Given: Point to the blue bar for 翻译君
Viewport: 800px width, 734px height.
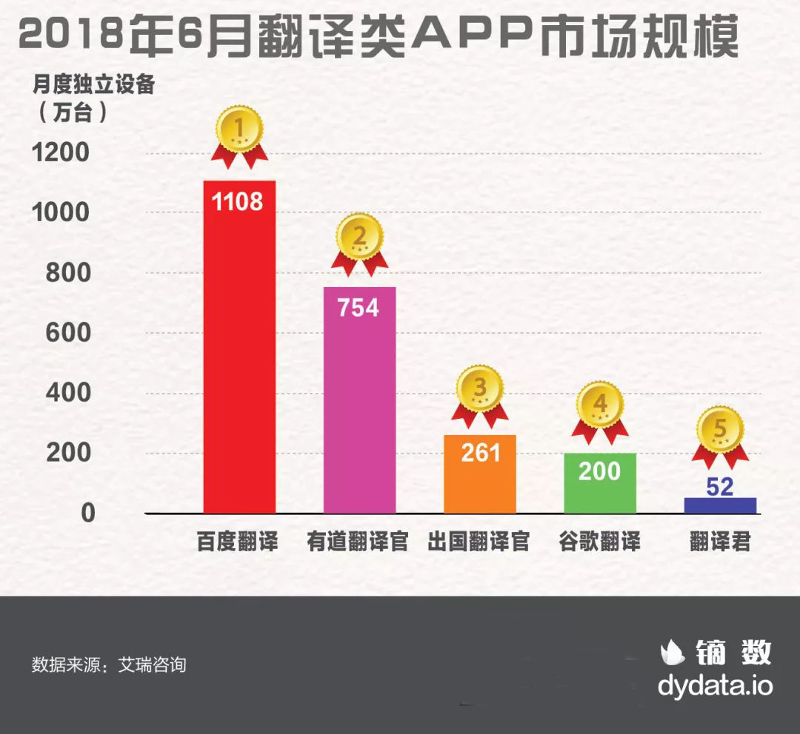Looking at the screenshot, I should [720, 505].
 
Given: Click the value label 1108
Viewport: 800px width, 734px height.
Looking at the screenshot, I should [238, 201].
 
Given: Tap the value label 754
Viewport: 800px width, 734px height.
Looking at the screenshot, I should [359, 307].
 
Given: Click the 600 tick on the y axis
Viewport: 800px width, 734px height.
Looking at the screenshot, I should [67, 333].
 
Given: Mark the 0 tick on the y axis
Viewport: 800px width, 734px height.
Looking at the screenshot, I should [88, 514].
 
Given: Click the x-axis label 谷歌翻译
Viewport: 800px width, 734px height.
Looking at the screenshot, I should [600, 542].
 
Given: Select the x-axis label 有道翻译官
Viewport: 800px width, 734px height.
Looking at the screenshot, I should [359, 542].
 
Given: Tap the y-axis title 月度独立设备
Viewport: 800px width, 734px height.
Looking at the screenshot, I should [93, 84].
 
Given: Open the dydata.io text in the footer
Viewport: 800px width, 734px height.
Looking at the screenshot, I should [715, 685].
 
